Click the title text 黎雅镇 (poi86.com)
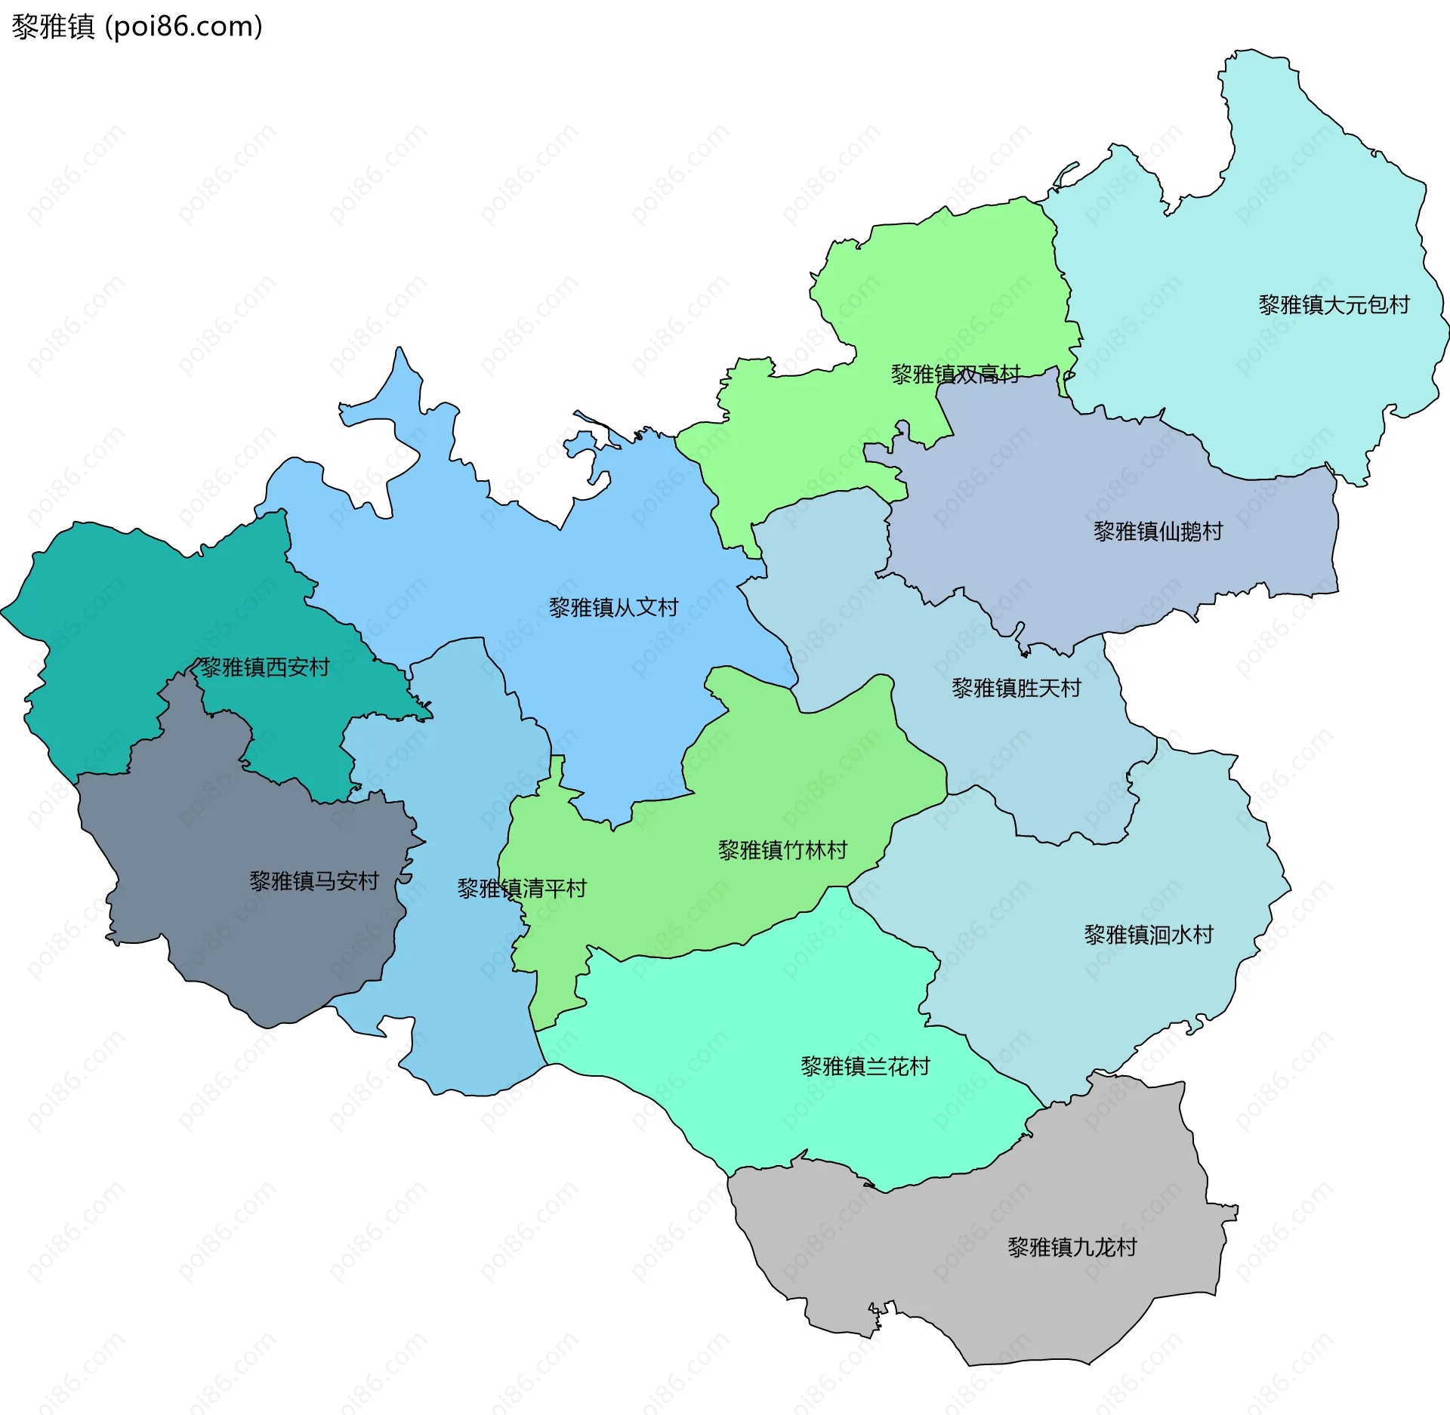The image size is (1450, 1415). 137,26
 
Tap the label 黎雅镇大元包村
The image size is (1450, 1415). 1334,305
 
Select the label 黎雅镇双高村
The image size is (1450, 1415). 955,374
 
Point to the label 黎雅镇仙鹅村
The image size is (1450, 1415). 1158,532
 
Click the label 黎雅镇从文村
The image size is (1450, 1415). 613,608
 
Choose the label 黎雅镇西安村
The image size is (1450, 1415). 264,667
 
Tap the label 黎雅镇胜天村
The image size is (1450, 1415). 1016,688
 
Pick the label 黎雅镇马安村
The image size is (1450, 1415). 313,881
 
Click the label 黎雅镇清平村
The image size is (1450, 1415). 522,889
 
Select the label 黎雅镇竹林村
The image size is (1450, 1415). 782,851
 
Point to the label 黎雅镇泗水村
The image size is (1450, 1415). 1148,935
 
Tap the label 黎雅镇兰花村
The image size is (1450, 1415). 865,1066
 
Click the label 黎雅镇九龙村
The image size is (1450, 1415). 1072,1247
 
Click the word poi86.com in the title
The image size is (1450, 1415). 184,26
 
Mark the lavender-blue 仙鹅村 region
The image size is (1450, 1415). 1095,483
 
